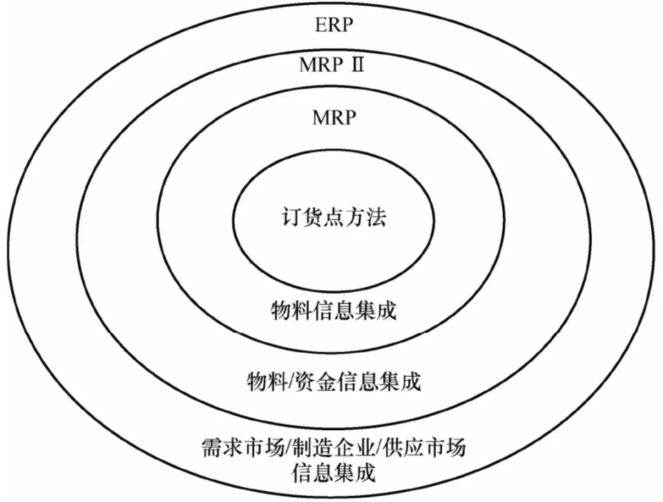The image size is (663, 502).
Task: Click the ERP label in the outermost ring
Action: point(334,26)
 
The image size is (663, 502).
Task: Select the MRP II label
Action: point(331,65)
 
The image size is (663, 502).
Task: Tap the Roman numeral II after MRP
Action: point(357,65)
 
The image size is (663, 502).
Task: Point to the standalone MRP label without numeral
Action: point(334,117)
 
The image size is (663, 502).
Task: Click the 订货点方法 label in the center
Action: point(334,218)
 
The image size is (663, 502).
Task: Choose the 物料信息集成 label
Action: point(334,311)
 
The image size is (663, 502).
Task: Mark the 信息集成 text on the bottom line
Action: point(334,473)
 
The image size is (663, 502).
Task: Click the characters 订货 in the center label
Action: point(302,218)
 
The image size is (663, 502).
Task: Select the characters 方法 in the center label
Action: point(366,218)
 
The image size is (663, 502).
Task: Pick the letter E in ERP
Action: point(321,26)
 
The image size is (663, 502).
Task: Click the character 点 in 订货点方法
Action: point(334,218)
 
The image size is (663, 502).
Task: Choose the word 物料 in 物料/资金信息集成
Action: point(267,382)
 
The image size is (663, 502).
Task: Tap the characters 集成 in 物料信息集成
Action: point(376,311)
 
